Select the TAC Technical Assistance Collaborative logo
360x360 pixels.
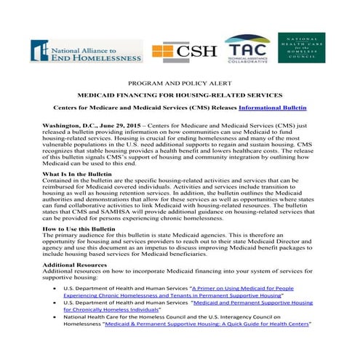[x=247, y=49]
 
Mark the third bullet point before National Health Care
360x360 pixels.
[x=57, y=338]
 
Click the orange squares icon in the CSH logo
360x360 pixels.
[x=164, y=52]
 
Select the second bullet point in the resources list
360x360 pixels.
[x=57, y=324]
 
